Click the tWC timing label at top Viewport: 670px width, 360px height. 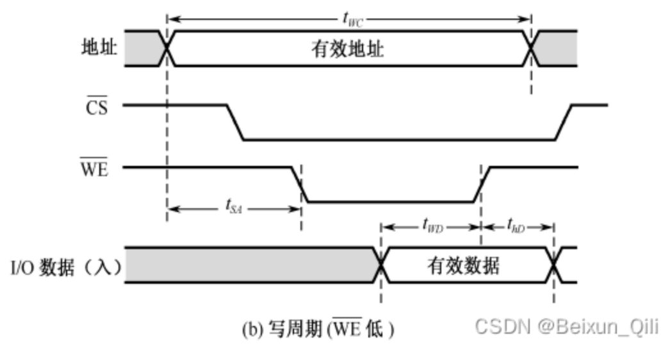coord(352,20)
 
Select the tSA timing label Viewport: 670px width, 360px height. coord(234,206)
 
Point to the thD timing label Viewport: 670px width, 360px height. coord(516,225)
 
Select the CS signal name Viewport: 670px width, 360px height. coord(97,107)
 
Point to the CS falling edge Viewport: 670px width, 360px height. coord(234,122)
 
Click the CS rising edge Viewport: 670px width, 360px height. coord(564,122)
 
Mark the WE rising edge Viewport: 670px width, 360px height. coord(482,184)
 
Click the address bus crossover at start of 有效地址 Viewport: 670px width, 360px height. coord(167,48)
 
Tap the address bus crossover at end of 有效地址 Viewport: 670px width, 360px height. coord(531,48)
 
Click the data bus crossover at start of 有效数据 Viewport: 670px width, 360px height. coord(381,265)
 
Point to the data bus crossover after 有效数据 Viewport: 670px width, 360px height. coord(554,265)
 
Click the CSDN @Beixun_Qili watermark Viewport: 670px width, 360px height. coord(566,327)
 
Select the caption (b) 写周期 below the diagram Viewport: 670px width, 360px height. coord(318,329)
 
